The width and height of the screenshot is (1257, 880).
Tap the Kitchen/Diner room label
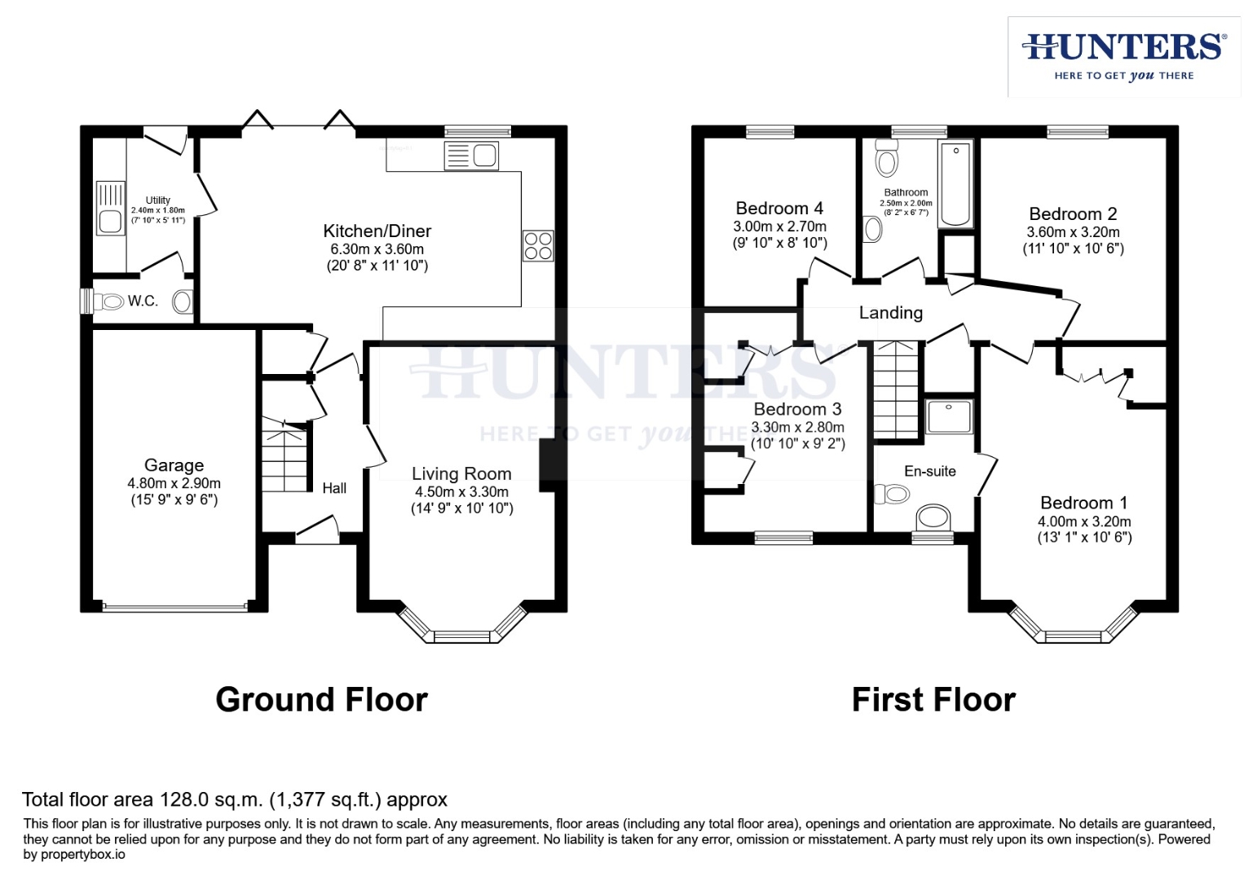tap(377, 231)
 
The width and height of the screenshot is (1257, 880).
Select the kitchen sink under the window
tap(471, 155)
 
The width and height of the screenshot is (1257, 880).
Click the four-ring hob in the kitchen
tap(538, 245)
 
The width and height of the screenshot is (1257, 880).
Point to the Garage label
tap(174, 465)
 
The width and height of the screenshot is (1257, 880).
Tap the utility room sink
tap(109, 221)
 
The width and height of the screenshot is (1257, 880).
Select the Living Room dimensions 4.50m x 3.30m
tap(461, 492)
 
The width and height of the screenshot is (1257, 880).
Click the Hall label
tap(334, 488)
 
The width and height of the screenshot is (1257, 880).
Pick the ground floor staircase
tap(284, 456)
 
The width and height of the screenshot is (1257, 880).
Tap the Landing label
tap(890, 313)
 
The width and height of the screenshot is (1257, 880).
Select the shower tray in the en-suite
tap(950, 416)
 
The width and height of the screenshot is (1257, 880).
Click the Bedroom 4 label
tap(779, 209)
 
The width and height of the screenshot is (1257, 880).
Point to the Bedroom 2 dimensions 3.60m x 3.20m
tap(1073, 232)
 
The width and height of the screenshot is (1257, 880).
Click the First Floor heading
tap(933, 700)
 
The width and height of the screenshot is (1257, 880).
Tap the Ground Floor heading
tap(321, 700)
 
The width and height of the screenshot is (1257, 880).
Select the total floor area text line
tap(235, 799)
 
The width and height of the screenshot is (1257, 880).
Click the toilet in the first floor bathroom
tap(886, 156)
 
